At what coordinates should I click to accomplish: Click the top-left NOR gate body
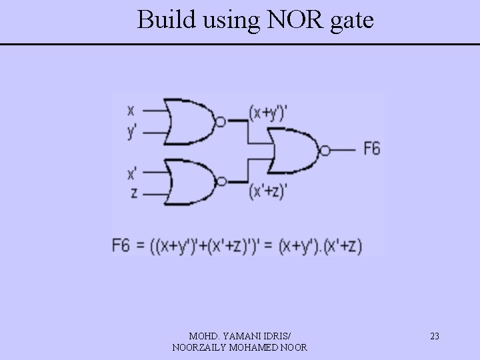coord(187,121)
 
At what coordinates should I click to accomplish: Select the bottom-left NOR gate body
coord(187,181)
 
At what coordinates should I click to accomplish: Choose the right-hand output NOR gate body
coord(293,151)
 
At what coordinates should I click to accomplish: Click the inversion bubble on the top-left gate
coord(220,121)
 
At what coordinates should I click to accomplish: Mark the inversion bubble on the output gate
coord(325,151)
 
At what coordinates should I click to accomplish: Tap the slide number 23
coord(434,336)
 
